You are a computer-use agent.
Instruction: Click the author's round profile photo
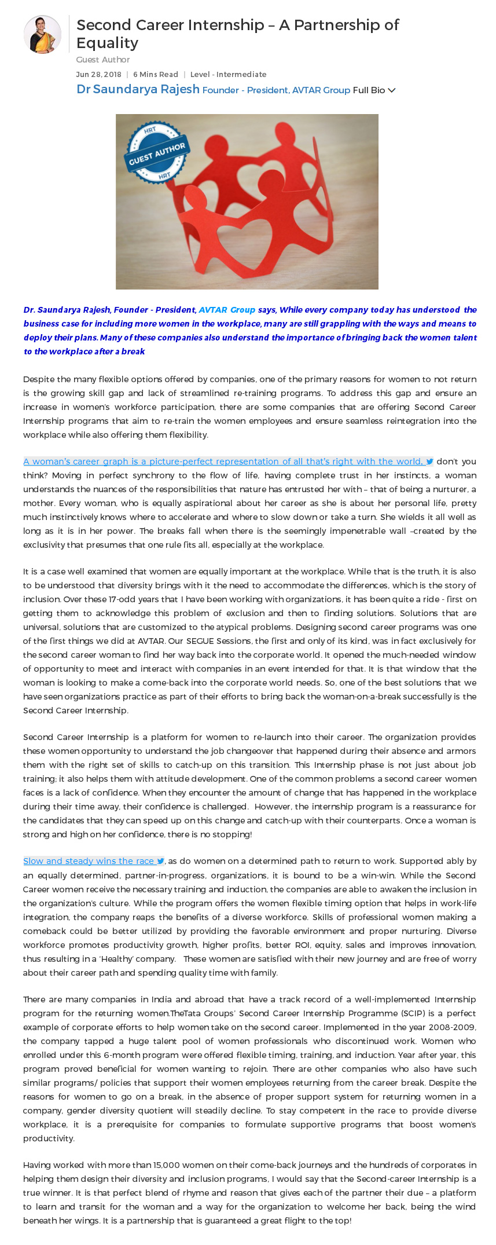point(42,35)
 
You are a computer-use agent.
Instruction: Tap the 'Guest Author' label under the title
point(102,60)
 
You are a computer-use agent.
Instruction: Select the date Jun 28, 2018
point(98,74)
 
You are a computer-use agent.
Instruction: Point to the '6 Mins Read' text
point(155,74)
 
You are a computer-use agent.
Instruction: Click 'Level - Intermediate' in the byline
point(228,74)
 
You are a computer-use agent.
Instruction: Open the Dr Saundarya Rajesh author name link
point(138,89)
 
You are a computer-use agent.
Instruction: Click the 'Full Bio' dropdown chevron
point(392,90)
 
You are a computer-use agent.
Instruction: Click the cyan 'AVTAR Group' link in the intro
point(227,310)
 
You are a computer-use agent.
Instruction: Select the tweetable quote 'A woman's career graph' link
point(222,462)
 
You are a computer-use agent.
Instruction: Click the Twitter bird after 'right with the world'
point(430,462)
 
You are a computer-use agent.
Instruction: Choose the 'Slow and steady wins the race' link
point(89,861)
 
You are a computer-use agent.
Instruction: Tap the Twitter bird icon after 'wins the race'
point(160,861)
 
